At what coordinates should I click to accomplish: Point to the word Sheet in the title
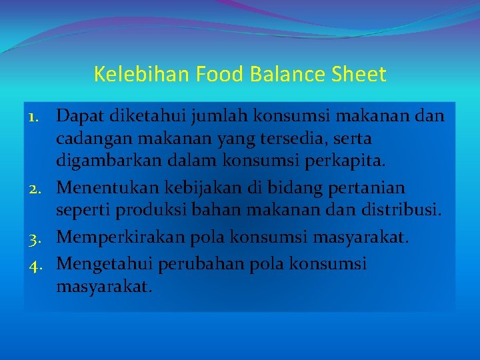(362, 74)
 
